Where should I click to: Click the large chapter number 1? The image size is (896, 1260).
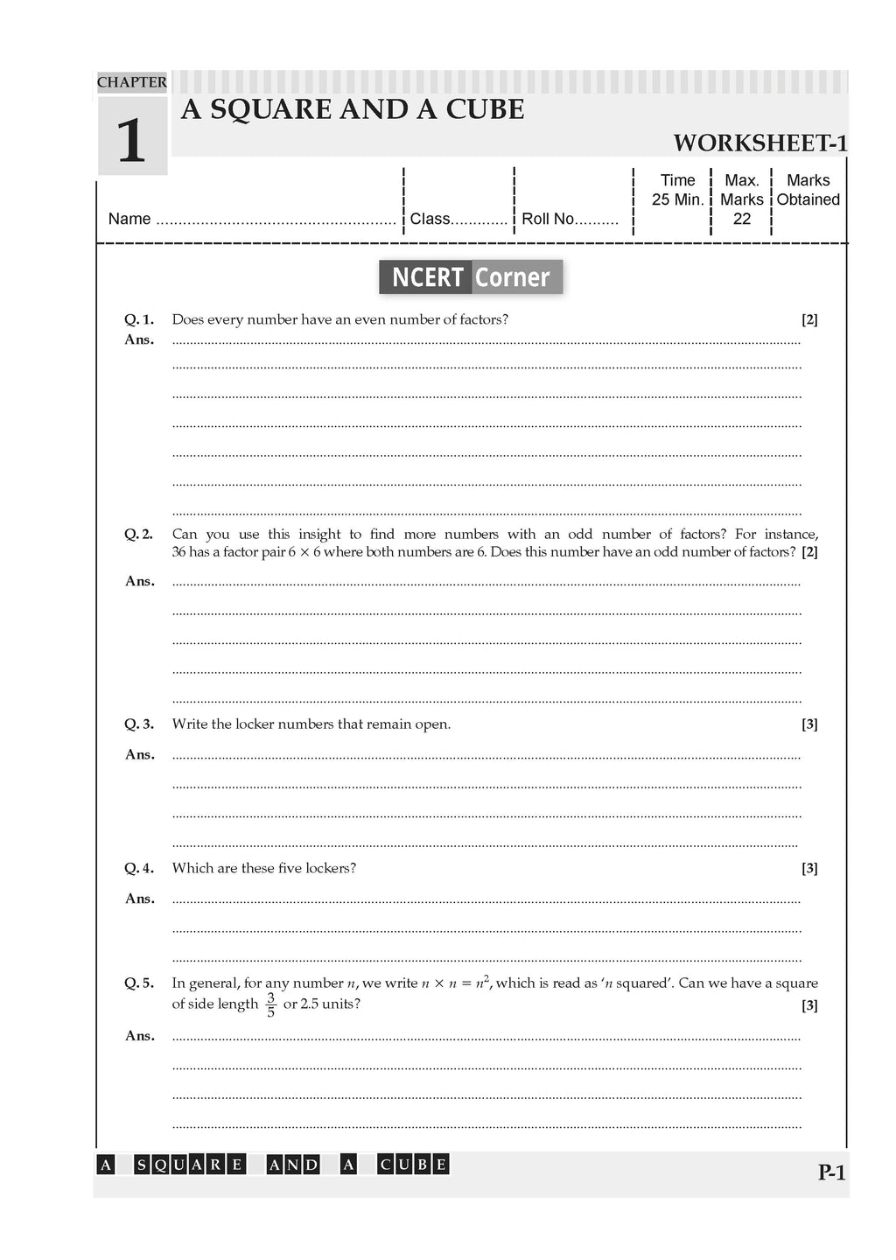click(131, 140)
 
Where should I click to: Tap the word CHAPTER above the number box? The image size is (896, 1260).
click(131, 82)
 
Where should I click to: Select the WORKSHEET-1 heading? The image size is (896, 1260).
click(759, 143)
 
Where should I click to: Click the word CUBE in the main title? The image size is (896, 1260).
click(485, 110)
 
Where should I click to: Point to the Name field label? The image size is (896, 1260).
click(129, 219)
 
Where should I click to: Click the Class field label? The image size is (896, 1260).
click(430, 219)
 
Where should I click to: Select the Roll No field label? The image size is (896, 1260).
click(548, 219)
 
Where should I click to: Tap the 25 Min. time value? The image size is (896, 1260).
click(677, 199)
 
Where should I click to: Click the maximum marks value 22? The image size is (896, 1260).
click(742, 219)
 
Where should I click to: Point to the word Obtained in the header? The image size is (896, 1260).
click(808, 199)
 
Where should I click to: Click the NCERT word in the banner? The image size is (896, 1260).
click(427, 277)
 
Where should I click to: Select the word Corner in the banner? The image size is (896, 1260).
click(512, 277)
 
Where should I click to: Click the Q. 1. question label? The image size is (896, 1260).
click(139, 319)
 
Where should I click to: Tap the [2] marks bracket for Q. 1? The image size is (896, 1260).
click(809, 319)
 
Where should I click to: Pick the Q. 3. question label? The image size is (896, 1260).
click(139, 724)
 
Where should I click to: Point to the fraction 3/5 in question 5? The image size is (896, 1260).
click(270, 1004)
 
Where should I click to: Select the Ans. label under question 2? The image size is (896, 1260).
click(139, 581)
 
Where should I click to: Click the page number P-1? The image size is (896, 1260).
click(831, 1172)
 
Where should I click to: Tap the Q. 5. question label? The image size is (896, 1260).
click(139, 983)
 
